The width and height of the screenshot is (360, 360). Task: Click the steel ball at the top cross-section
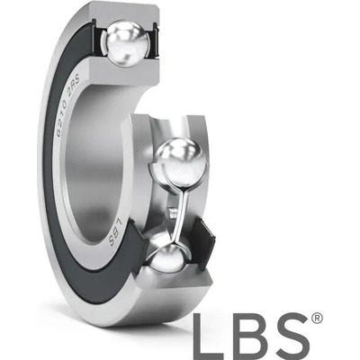pyautogui.click(x=128, y=42)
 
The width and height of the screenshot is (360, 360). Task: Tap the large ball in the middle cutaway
pyautogui.click(x=180, y=162)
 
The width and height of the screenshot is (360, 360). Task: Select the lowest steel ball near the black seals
pyautogui.click(x=168, y=258)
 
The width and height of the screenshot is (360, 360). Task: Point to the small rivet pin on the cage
pyautogui.click(x=172, y=213)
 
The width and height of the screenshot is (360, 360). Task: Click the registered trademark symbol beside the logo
pyautogui.click(x=317, y=319)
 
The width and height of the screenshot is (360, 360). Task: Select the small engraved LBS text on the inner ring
pyautogui.click(x=114, y=230)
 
